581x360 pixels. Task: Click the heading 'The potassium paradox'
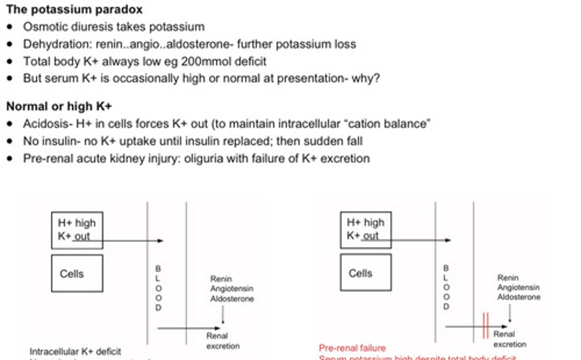tap(74, 9)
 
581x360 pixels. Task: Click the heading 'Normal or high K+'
tap(59, 106)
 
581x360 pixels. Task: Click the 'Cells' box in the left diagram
tap(77, 273)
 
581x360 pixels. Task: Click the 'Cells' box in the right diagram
tap(366, 273)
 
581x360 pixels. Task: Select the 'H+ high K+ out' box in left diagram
tap(77, 230)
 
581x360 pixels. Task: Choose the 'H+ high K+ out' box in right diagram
tap(366, 229)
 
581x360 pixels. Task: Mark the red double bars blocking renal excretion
tap(485, 325)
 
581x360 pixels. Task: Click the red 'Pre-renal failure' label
tap(352, 348)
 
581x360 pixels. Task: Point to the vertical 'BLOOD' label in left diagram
tap(158, 288)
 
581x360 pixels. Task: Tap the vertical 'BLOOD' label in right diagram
tap(446, 287)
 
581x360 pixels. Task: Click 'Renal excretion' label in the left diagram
tap(223, 341)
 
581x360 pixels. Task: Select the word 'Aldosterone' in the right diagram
tap(518, 297)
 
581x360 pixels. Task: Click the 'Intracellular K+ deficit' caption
tap(75, 352)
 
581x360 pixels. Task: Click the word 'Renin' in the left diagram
tap(221, 279)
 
